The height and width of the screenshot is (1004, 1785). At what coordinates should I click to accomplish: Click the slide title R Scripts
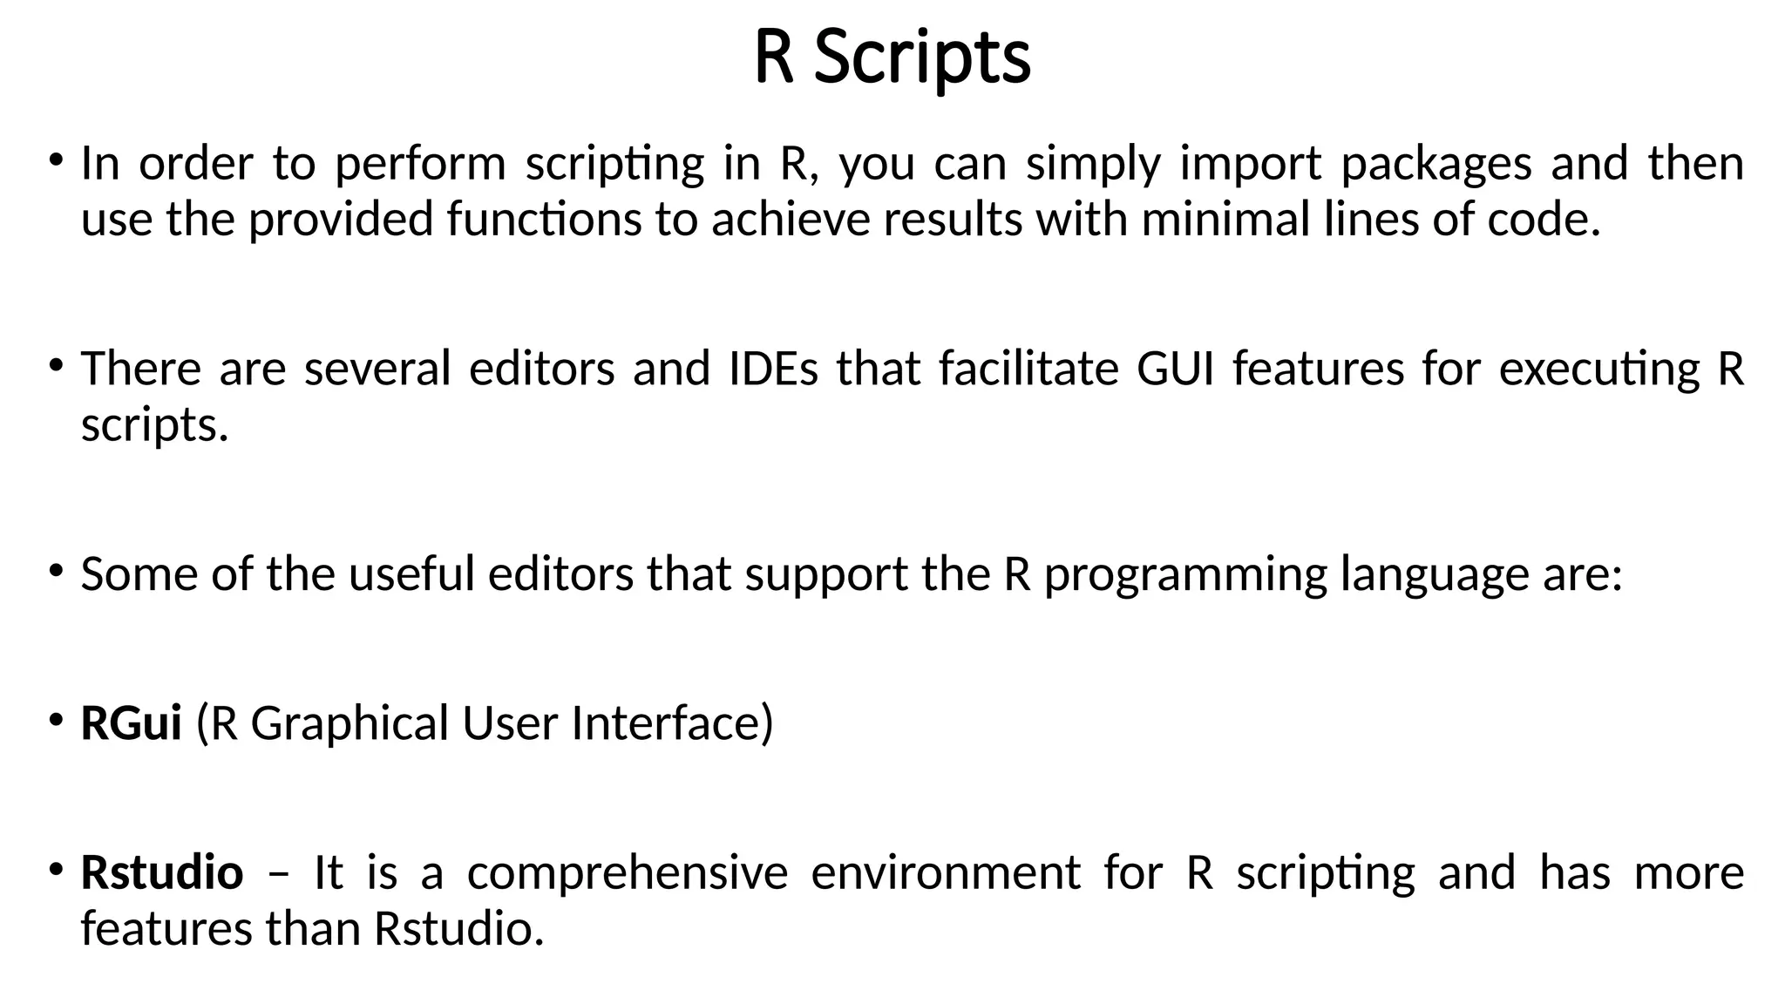point(892,58)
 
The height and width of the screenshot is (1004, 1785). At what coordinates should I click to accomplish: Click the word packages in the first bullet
point(1435,164)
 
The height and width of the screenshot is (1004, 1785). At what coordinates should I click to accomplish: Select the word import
point(1250,164)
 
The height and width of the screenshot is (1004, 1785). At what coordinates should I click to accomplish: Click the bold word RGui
point(131,723)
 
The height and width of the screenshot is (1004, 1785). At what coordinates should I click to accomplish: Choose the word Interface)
point(672,723)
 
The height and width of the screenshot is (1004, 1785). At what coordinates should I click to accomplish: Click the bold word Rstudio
point(162,872)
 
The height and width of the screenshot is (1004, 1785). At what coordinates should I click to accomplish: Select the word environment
point(946,872)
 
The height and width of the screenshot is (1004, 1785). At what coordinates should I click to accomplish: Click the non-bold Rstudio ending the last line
point(458,928)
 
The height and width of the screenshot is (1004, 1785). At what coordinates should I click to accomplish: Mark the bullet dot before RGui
point(56,721)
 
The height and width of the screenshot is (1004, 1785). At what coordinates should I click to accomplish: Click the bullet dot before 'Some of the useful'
point(56,572)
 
